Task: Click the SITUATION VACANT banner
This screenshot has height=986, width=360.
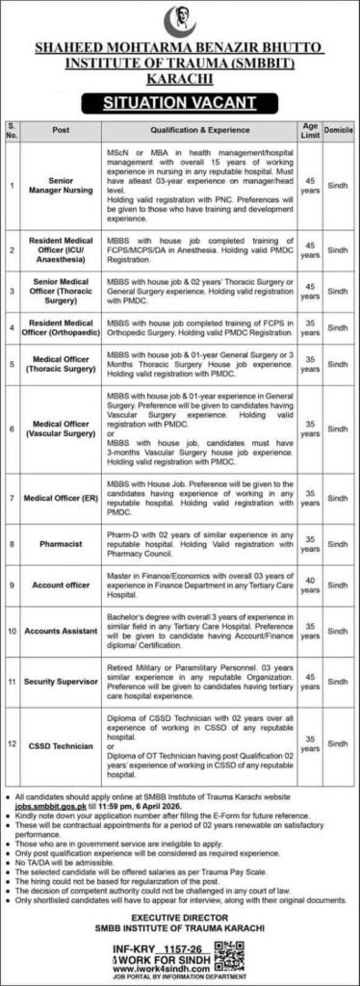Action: (179, 99)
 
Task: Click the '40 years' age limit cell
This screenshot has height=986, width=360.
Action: (310, 585)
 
